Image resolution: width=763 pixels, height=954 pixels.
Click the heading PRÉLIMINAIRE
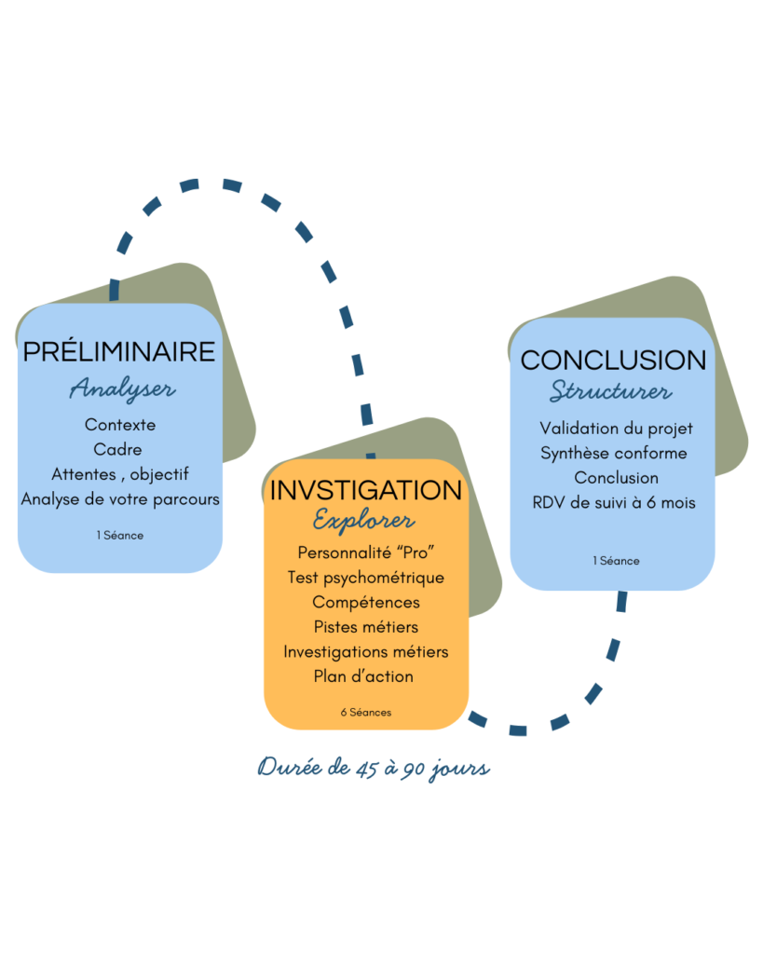(119, 351)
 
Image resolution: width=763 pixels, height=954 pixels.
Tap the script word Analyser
(122, 388)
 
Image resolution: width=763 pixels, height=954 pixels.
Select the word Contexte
(120, 425)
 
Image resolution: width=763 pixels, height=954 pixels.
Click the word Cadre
(118, 450)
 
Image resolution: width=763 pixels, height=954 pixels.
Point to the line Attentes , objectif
(120, 474)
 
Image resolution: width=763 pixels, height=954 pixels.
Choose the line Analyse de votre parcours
(120, 499)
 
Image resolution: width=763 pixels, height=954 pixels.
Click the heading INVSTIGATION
(365, 490)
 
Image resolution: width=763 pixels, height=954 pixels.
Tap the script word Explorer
(364, 520)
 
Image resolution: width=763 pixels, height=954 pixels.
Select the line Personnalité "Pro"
(365, 552)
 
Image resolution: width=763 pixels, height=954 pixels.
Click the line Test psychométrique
(365, 578)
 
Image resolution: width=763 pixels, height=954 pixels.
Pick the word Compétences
(366, 603)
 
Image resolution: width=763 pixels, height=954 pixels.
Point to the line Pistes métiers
(366, 627)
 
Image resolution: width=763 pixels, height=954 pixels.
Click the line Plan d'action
(363, 676)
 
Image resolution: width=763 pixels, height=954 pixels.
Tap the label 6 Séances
(365, 713)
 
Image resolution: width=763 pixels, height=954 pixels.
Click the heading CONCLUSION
(613, 361)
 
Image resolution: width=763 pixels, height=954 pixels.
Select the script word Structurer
(610, 391)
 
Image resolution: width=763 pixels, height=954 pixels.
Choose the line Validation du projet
(616, 429)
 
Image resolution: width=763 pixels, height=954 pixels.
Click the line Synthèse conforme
(614, 454)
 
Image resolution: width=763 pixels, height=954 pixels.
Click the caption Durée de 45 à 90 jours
(374, 770)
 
